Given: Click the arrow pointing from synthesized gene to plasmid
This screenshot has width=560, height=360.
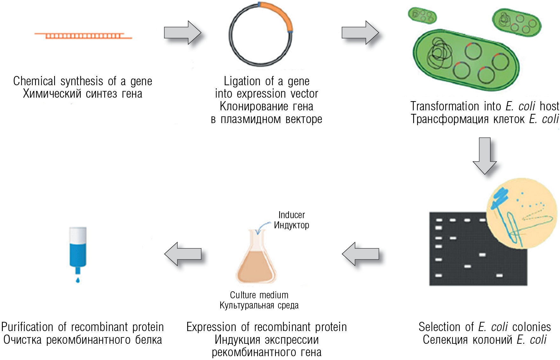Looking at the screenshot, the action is (x=182, y=32).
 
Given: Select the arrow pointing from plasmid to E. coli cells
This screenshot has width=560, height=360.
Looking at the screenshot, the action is (x=360, y=32).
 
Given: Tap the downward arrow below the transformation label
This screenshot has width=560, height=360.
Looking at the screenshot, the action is (x=485, y=156).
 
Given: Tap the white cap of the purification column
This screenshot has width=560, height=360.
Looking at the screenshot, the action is (x=78, y=235).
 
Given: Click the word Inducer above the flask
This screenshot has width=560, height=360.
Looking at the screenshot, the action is (x=291, y=215).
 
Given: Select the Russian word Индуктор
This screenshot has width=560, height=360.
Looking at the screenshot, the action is (x=291, y=225).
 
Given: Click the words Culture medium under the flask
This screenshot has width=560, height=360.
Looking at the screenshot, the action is (x=259, y=295).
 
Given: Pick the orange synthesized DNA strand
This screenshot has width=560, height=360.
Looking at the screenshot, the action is (x=83, y=35).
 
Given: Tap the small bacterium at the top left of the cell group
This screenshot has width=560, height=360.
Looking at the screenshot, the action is (x=422, y=15).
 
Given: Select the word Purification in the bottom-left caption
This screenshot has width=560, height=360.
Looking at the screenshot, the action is (x=27, y=327).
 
